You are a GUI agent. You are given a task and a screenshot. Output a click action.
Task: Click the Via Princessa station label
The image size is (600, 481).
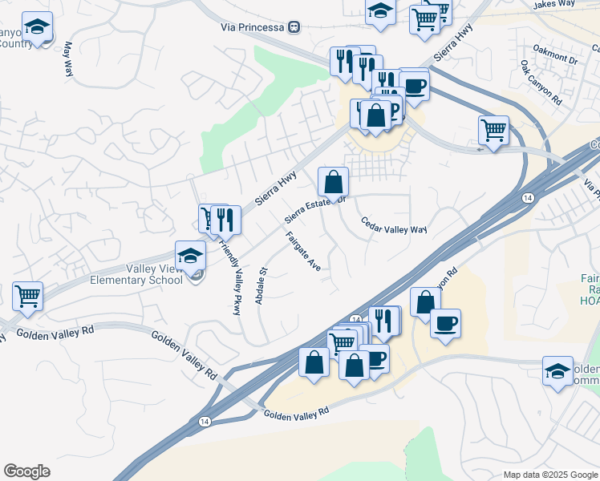coord(253,27)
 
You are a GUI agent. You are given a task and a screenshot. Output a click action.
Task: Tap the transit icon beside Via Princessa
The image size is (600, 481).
coord(294,27)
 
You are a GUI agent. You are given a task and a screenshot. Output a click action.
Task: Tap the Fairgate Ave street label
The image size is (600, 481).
coord(303,251)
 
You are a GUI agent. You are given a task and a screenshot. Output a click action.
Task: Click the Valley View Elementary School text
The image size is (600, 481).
coord(136,275)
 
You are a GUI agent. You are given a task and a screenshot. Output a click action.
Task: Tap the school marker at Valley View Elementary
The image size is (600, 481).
coord(191,257)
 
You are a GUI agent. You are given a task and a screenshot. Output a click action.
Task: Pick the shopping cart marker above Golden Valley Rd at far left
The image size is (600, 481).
coord(27,296)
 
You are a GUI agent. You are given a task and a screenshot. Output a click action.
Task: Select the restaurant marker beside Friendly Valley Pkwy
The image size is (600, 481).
coord(225,218)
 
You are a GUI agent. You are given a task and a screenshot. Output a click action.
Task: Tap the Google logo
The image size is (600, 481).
coord(26,471)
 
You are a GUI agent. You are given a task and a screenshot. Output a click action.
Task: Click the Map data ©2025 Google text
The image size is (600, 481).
coord(549,475)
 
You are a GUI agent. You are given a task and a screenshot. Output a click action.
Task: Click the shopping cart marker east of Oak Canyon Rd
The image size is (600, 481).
coord(493,129)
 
